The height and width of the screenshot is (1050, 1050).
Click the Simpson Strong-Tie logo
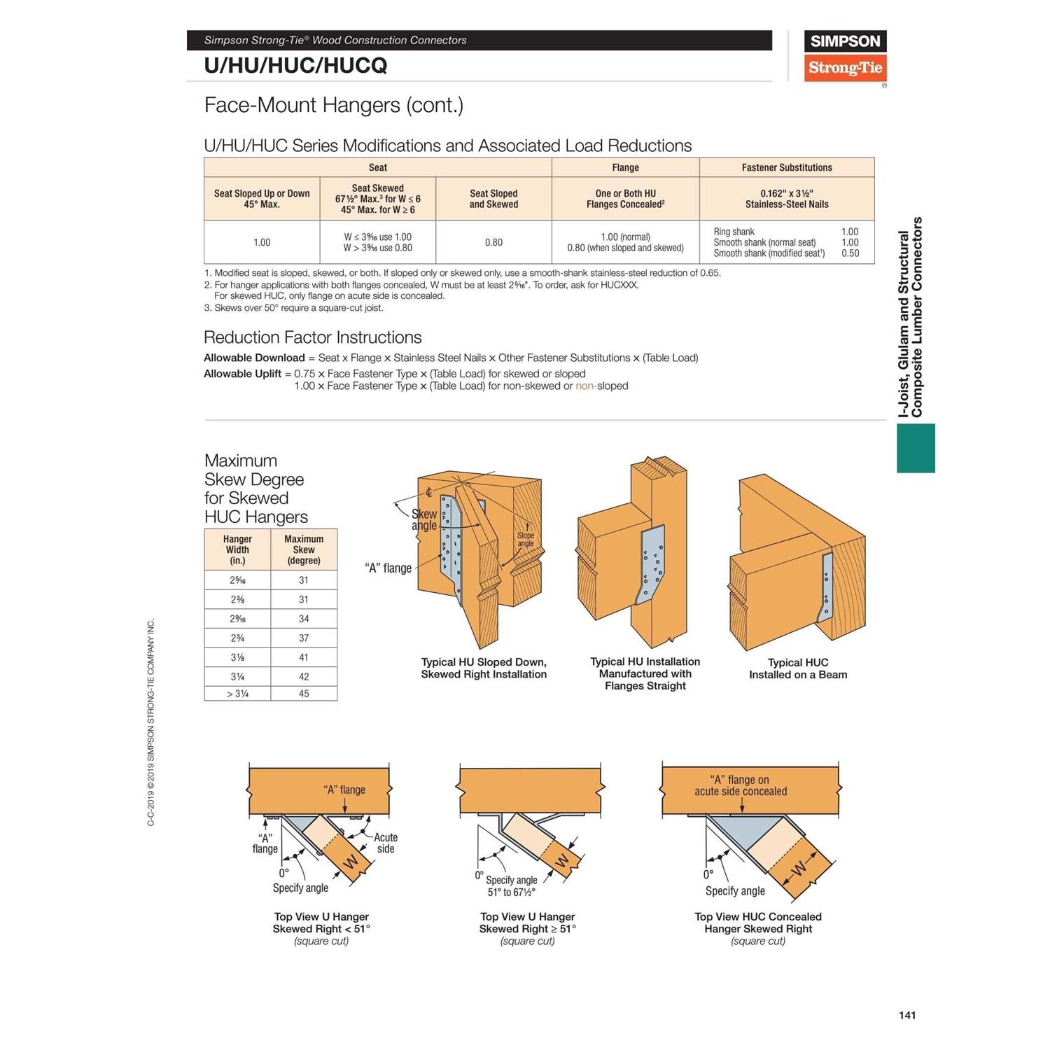point(845,56)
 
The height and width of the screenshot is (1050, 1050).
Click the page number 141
point(907,1015)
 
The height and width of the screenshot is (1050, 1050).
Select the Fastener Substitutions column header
point(787,167)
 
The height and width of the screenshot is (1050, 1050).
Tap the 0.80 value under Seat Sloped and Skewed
point(493,242)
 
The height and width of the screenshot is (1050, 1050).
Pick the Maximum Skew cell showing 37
point(304,638)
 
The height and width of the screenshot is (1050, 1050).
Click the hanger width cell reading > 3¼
point(237,694)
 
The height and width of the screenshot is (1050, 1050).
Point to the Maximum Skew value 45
point(304,694)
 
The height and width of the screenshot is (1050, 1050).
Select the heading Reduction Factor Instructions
point(312,337)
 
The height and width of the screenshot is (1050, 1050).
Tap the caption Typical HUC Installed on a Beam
point(798,668)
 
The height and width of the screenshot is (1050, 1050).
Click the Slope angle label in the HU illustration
point(525,539)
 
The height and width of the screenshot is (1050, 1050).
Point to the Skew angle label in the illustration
point(424,519)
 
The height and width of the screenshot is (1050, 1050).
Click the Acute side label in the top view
point(385,843)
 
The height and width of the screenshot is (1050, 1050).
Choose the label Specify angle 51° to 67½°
point(512,886)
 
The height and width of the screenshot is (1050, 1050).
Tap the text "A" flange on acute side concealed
point(741,785)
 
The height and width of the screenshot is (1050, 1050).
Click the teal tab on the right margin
point(916,448)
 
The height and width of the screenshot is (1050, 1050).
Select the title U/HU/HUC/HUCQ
point(295,66)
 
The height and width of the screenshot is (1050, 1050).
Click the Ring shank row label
point(734,232)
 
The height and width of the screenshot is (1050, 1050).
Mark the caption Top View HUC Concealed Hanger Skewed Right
point(758,923)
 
